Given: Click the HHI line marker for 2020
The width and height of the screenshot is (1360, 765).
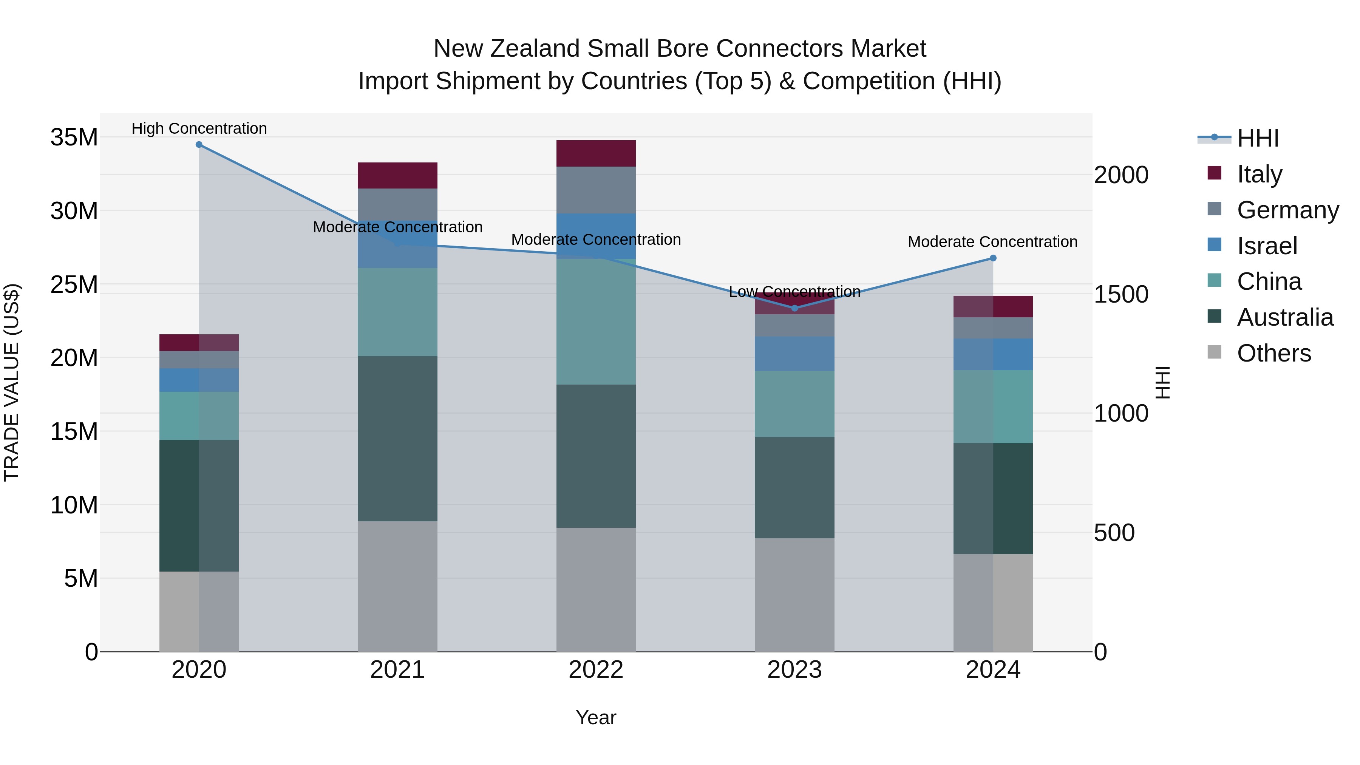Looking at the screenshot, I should click(199, 145).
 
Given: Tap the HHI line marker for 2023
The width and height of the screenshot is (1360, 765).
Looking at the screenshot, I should click(794, 308).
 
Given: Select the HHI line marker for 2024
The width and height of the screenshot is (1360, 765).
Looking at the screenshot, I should click(993, 258).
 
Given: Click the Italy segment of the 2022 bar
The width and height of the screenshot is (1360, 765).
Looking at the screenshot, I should click(596, 154).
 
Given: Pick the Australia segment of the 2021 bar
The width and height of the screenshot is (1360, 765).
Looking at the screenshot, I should click(397, 439).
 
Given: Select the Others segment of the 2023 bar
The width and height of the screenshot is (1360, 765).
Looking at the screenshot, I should click(794, 595).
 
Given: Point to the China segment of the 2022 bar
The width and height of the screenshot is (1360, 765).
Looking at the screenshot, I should click(596, 321).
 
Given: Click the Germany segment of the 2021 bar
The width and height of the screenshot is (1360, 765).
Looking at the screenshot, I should click(397, 204).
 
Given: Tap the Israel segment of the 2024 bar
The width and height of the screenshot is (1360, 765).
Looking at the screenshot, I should click(993, 354).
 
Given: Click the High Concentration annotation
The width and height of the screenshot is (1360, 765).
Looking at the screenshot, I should click(199, 128).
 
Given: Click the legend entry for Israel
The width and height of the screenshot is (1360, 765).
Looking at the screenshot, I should click(1267, 246).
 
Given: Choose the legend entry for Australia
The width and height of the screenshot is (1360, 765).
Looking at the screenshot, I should click(1284, 317).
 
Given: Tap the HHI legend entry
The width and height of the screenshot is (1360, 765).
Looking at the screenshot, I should click(1258, 138).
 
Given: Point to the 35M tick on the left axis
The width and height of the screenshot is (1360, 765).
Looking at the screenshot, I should click(74, 137).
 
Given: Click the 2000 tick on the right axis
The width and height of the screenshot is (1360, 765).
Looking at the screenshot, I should click(1121, 175).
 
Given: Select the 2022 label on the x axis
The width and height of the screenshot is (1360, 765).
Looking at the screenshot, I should click(596, 670).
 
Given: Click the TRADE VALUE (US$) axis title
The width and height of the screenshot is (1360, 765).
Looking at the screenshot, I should click(12, 382).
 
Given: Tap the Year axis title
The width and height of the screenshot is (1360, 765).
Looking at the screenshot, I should click(596, 717).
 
